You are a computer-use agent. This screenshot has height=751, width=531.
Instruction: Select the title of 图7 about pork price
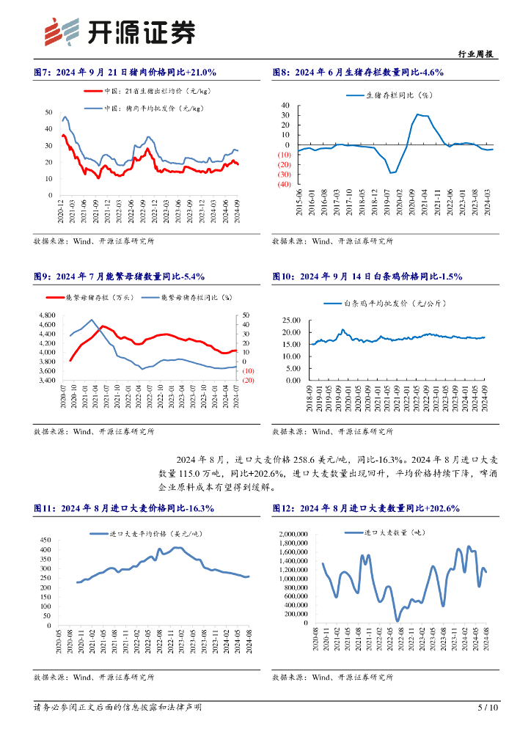pos(125,72)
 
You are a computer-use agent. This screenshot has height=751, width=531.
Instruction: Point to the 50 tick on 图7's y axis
pos(48,112)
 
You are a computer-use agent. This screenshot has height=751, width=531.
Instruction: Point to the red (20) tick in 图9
pos(248,380)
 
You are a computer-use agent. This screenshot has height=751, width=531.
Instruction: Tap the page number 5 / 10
pos(488,708)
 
